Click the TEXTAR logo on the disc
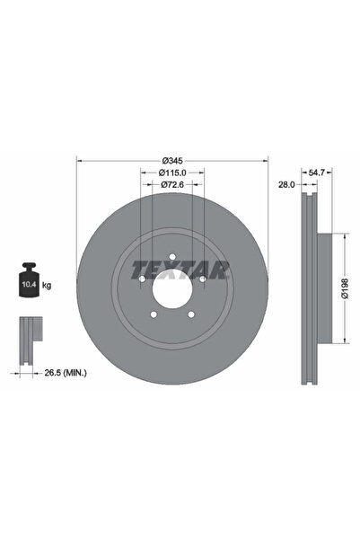click(x=180, y=269)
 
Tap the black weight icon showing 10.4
click(x=27, y=283)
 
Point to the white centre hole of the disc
click(x=171, y=290)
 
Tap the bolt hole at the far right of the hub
click(x=203, y=279)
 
